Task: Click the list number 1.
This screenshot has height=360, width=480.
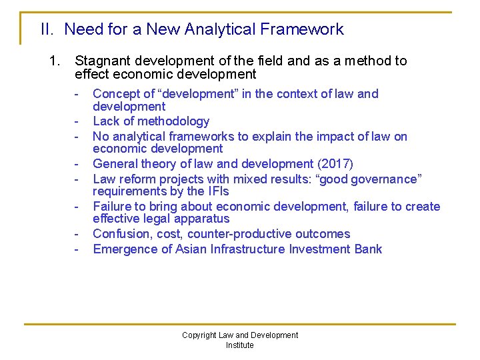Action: click(x=55, y=61)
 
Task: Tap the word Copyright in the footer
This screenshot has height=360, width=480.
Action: click(x=199, y=335)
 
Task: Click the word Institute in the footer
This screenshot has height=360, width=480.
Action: click(x=239, y=345)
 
